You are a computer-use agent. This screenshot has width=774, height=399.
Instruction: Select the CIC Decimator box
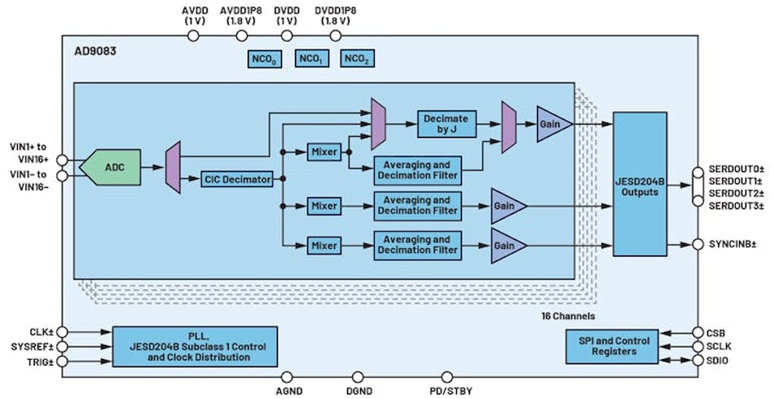point(236,180)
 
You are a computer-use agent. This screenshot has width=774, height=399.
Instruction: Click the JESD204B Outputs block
point(640,184)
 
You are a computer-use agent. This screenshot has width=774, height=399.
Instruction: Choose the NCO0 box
point(264,59)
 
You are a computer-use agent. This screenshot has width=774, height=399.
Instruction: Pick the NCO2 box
point(358,59)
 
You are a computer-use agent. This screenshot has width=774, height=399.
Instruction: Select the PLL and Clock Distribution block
point(195,347)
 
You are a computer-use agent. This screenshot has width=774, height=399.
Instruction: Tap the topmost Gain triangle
point(549,124)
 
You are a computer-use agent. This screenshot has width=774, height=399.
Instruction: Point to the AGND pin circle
point(288,377)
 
